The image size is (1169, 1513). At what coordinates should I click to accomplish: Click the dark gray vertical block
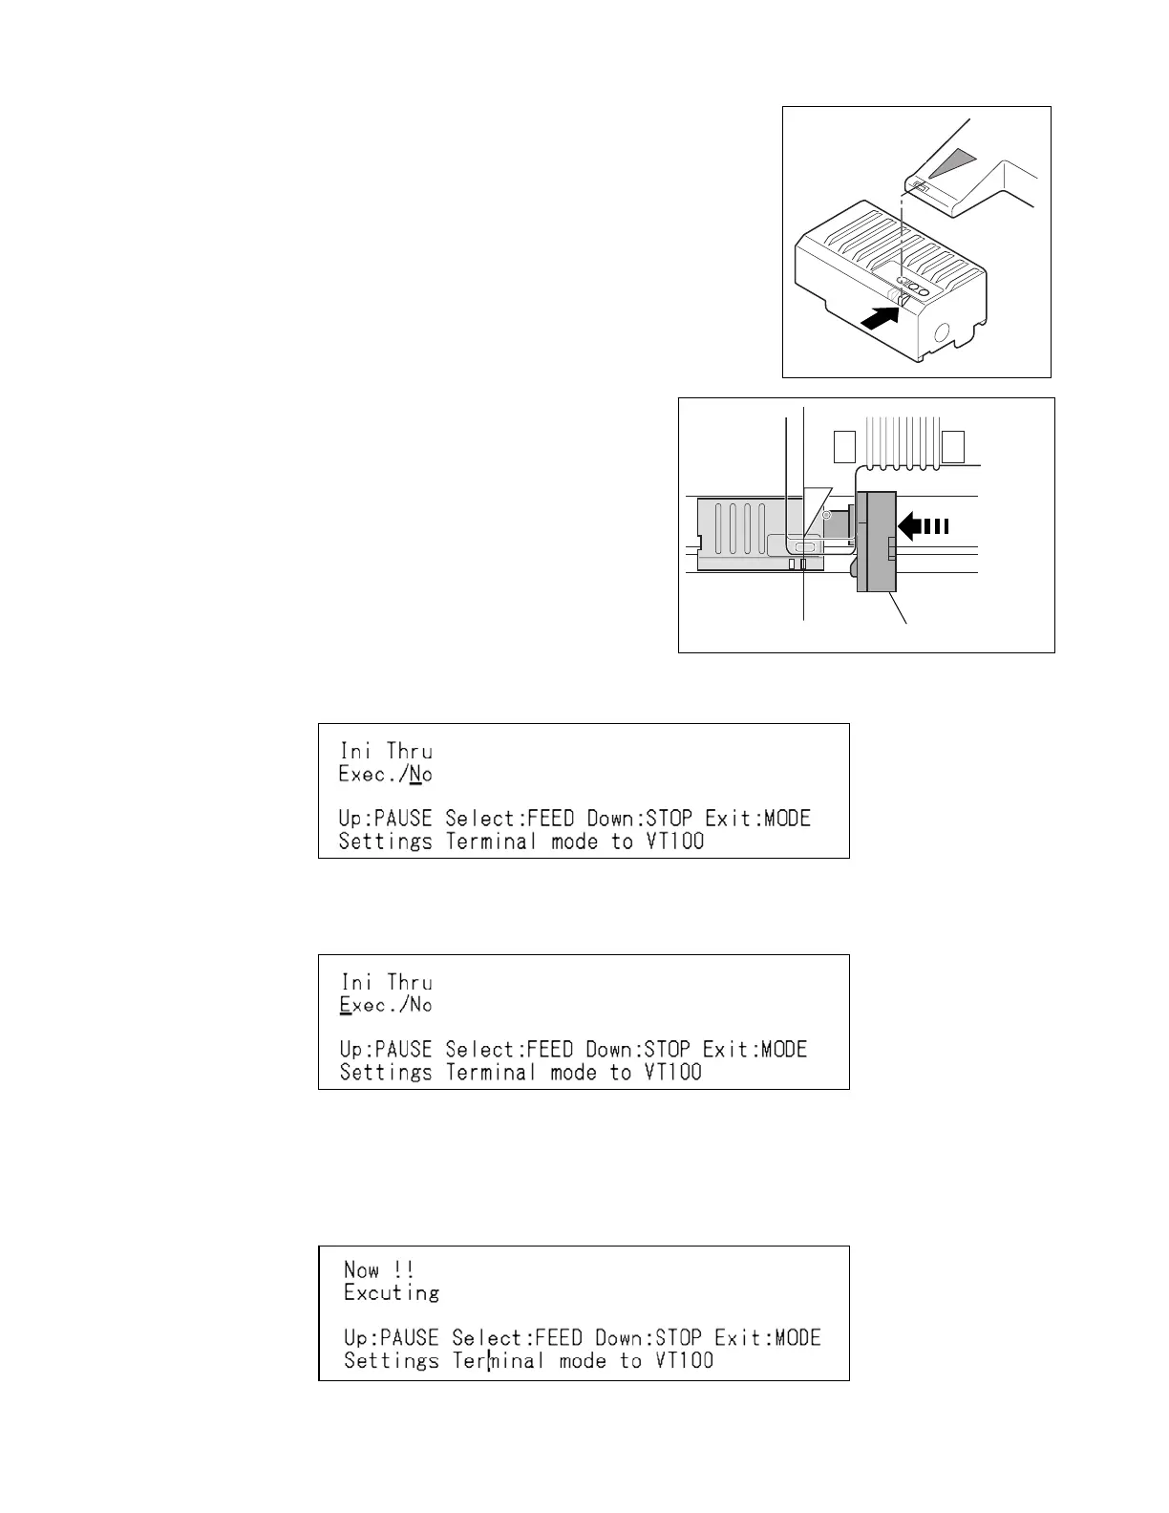(876, 542)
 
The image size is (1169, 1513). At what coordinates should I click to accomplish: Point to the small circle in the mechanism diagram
(827, 515)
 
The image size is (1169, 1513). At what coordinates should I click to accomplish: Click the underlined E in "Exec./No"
(346, 1005)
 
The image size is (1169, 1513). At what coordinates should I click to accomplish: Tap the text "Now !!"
(379, 1269)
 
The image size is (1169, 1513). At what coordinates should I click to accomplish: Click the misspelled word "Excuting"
(392, 1292)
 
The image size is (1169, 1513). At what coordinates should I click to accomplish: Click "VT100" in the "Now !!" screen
(684, 1360)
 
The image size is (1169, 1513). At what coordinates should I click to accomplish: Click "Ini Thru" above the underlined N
(386, 751)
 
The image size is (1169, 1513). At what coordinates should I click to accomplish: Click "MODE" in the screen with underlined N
(787, 819)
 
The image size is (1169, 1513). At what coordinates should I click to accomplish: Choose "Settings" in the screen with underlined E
(386, 1072)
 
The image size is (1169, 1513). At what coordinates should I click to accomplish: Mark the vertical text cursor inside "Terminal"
(489, 1360)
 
